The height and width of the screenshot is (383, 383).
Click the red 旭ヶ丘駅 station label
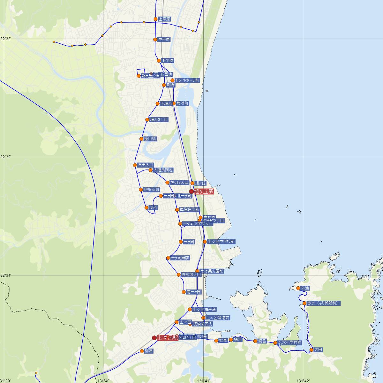point(204,191)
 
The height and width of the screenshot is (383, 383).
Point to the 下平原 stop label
point(167,61)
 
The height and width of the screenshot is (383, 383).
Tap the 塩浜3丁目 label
point(159,120)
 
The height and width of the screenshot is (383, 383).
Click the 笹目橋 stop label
point(150,139)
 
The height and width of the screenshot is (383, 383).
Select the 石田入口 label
point(146,165)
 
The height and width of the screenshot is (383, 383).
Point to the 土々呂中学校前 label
point(221,242)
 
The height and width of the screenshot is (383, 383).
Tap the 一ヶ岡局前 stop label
point(180,258)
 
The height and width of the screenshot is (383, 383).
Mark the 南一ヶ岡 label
point(194,292)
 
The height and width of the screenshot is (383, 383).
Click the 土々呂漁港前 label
point(218,318)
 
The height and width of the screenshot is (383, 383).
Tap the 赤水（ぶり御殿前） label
point(322,303)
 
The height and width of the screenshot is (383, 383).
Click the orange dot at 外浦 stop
point(298,288)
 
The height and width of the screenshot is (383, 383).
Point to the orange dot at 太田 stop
point(312,350)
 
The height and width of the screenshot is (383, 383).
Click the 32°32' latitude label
point(6,157)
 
